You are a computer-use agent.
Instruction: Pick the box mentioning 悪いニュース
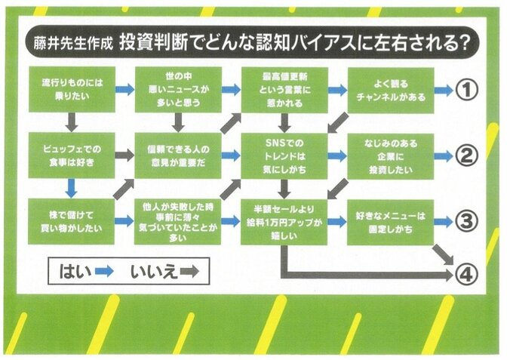tap(178, 90)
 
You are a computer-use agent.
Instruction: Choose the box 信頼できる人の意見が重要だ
tap(178, 155)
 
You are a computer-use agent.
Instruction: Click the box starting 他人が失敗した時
tap(178, 221)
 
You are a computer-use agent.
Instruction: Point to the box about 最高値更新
tap(284, 90)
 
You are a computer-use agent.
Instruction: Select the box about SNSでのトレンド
tap(284, 155)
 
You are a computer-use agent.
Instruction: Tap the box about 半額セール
tap(284, 221)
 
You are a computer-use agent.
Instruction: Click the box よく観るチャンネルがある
tap(391, 90)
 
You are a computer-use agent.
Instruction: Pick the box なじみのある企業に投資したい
tap(391, 155)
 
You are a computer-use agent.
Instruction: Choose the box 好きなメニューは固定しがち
tap(391, 221)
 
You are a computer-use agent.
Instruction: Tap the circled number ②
tap(468, 155)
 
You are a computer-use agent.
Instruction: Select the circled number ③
tap(468, 221)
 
